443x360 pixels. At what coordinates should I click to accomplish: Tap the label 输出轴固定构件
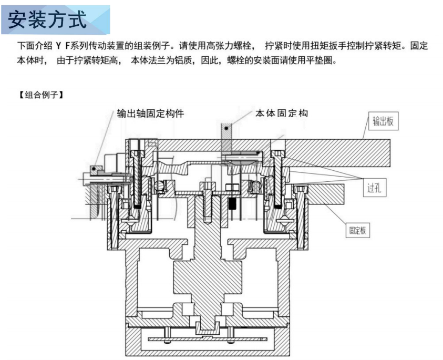pyautogui.click(x=150, y=114)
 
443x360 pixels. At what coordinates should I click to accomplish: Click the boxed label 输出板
pyautogui.click(x=383, y=122)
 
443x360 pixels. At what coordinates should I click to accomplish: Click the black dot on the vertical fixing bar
pyautogui.click(x=226, y=127)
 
